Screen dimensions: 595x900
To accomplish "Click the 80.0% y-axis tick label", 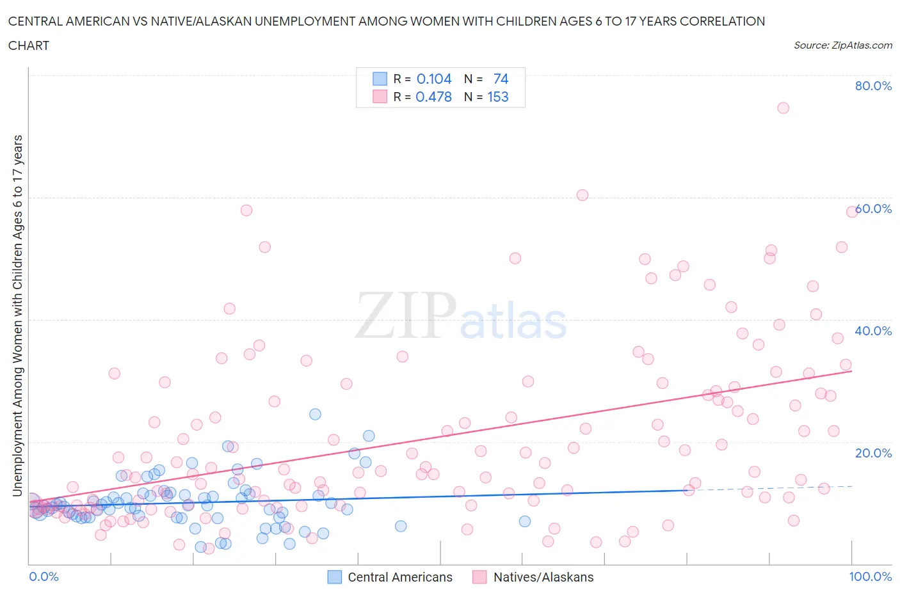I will click(x=873, y=86).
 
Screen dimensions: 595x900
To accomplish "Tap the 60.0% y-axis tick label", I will click(x=873, y=209).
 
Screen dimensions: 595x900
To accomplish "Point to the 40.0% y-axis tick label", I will click(x=873, y=331).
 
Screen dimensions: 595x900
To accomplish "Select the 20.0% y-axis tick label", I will click(x=873, y=453).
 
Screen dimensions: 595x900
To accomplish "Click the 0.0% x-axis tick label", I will click(x=44, y=576).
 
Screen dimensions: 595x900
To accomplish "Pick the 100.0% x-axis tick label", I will click(x=870, y=576).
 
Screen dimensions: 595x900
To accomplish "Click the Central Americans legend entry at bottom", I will click(x=399, y=577).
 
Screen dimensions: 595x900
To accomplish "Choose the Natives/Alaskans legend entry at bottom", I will click(x=543, y=577).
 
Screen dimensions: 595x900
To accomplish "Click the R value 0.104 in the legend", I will click(x=434, y=79).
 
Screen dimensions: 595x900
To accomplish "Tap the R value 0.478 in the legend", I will click(x=433, y=97).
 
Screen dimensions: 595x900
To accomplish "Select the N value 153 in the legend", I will click(x=498, y=97).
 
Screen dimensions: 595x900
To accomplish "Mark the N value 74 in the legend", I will click(x=501, y=79).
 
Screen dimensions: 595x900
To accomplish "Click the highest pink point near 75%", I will click(x=783, y=107).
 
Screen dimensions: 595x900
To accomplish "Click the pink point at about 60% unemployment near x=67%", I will click(x=582, y=195).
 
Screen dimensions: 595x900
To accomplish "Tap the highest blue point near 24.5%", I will click(x=315, y=414).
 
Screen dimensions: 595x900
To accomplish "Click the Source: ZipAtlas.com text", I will click(x=842, y=45).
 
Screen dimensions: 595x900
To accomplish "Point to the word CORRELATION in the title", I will click(x=722, y=21).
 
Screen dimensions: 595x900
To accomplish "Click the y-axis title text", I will click(x=17, y=315).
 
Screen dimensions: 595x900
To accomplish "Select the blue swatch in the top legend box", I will click(x=380, y=79).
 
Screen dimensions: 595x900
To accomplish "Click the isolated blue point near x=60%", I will click(x=525, y=521).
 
